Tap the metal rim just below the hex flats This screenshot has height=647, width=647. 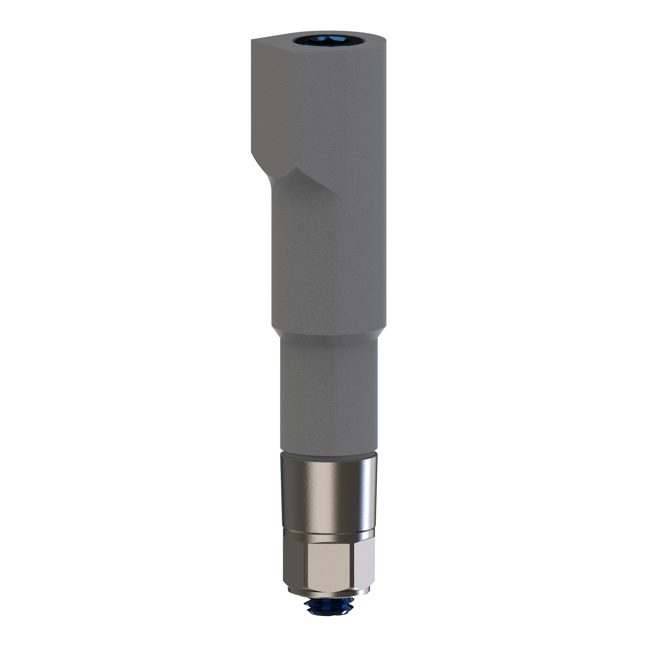click(328, 592)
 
